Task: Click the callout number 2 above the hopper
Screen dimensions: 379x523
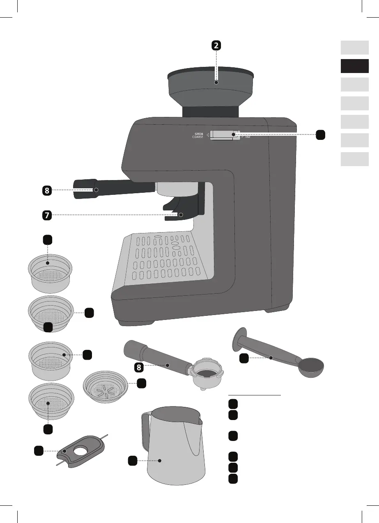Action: [x=217, y=46]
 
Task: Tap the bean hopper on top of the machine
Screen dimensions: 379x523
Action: [x=209, y=88]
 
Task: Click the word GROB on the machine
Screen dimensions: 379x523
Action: [x=199, y=133]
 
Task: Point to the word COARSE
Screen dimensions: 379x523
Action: [x=198, y=137]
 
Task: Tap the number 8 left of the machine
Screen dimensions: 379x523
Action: [x=47, y=190]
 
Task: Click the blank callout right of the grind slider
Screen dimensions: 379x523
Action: [x=321, y=134]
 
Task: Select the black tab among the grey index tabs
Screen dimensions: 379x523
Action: [x=354, y=66]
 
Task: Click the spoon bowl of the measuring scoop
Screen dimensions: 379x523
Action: [x=310, y=366]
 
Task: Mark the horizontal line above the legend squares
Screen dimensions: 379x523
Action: [x=255, y=395]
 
